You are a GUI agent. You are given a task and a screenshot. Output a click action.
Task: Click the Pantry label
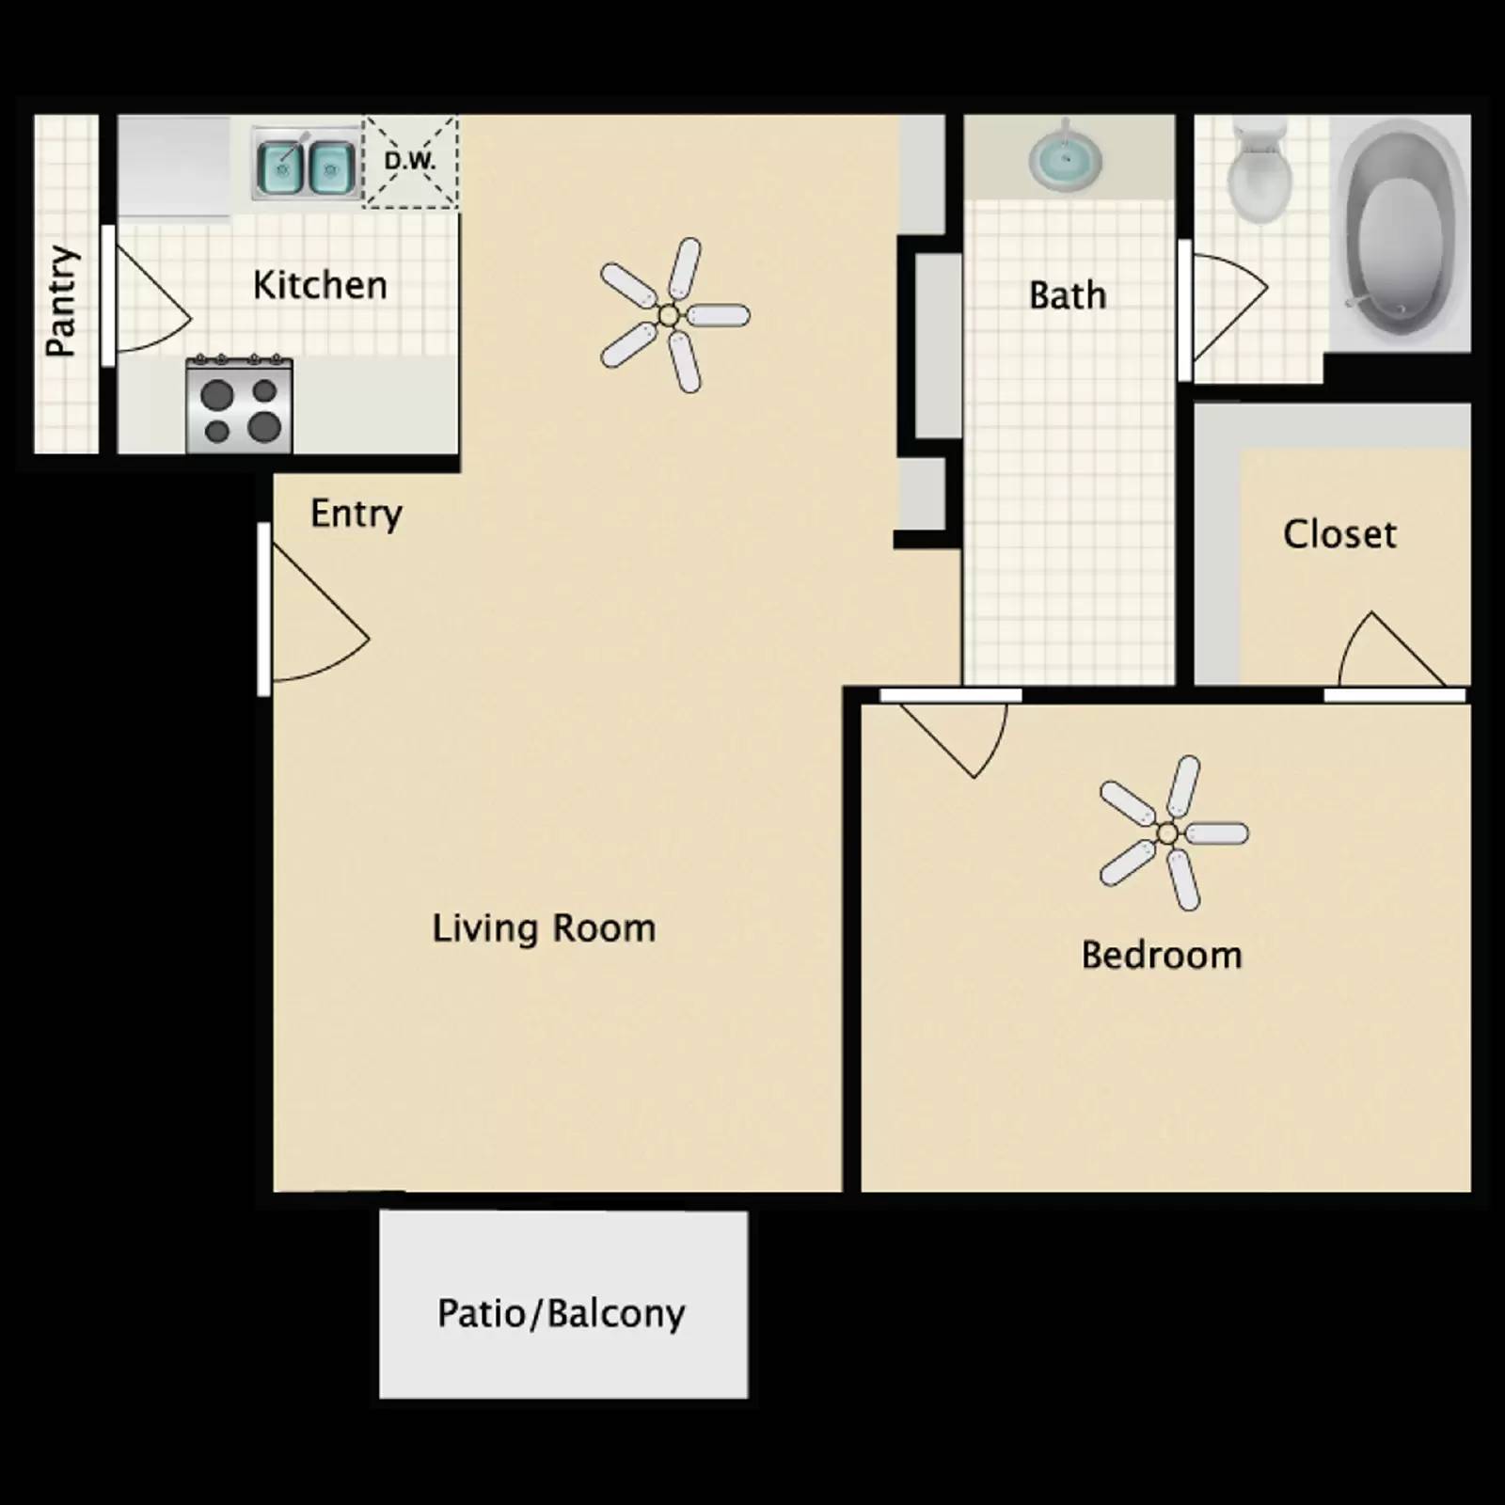[x=61, y=301]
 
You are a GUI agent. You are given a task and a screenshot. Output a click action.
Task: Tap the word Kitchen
[x=320, y=285]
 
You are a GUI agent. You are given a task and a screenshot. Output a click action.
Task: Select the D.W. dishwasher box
[x=410, y=161]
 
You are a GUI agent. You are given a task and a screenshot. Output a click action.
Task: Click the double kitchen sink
[x=306, y=166]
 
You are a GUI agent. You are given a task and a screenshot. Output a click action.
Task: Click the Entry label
[x=356, y=514]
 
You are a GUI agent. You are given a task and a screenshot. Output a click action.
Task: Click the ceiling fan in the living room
[x=671, y=315]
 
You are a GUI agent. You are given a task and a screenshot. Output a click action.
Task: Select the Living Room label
[x=544, y=928]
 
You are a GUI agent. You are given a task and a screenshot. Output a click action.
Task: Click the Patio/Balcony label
[x=562, y=1313]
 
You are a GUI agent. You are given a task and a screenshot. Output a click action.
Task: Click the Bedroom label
[x=1162, y=956]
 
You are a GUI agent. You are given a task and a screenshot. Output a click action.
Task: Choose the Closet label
[x=1339, y=534]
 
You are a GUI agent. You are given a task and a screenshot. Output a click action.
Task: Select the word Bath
[x=1068, y=295]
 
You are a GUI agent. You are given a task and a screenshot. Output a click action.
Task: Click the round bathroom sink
[x=1065, y=158]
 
